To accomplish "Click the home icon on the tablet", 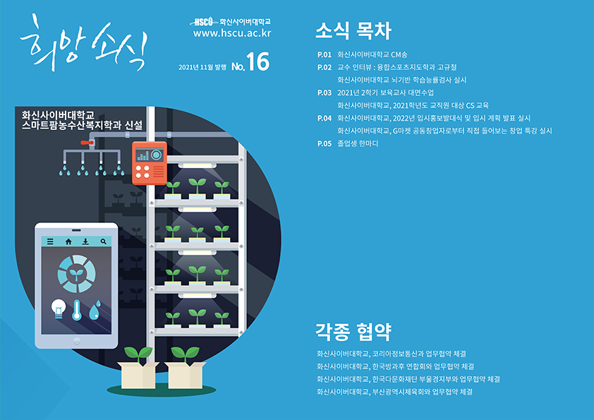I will point(68,241).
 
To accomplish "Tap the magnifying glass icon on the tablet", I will point(104,241).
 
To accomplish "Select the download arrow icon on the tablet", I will point(85,241).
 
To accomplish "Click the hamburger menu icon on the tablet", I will point(51,241).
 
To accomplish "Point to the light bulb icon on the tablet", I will point(58,308).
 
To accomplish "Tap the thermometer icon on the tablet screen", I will point(77,308).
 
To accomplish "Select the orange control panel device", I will point(149,162).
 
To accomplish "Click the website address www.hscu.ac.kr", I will point(232,33).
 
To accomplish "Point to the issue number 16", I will point(258,64).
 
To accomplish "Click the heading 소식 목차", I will point(352,31).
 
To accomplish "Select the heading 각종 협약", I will point(352,331).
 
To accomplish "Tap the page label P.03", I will point(325,92).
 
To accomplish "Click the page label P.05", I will point(325,143).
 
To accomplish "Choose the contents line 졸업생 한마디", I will point(358,143).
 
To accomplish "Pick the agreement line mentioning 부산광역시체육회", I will point(394,391).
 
